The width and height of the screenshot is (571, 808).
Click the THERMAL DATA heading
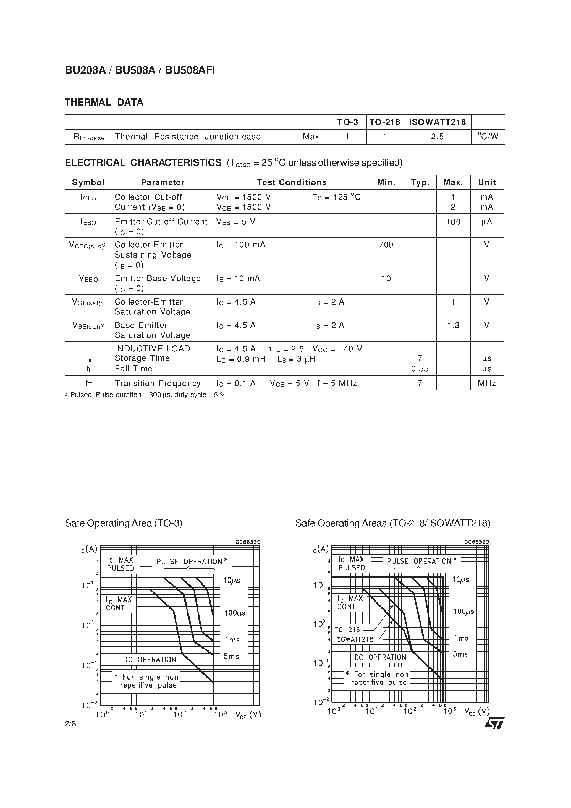[104, 103]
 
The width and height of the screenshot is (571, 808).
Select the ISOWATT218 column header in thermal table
[437, 122]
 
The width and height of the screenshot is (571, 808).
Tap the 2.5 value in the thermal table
[437, 137]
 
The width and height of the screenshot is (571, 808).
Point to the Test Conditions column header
[292, 182]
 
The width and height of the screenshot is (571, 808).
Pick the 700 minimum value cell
[386, 245]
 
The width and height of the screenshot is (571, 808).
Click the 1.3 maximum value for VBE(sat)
[453, 325]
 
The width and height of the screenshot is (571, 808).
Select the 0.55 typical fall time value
[420, 369]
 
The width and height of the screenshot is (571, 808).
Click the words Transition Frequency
[157, 383]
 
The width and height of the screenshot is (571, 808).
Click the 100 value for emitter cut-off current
[453, 222]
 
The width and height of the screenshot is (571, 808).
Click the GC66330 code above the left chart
[247, 542]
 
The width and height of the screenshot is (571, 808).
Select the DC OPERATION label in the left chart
[150, 660]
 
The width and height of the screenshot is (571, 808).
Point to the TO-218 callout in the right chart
[347, 629]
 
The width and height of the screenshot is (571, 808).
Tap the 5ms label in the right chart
[460, 654]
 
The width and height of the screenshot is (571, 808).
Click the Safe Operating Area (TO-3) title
[124, 523]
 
